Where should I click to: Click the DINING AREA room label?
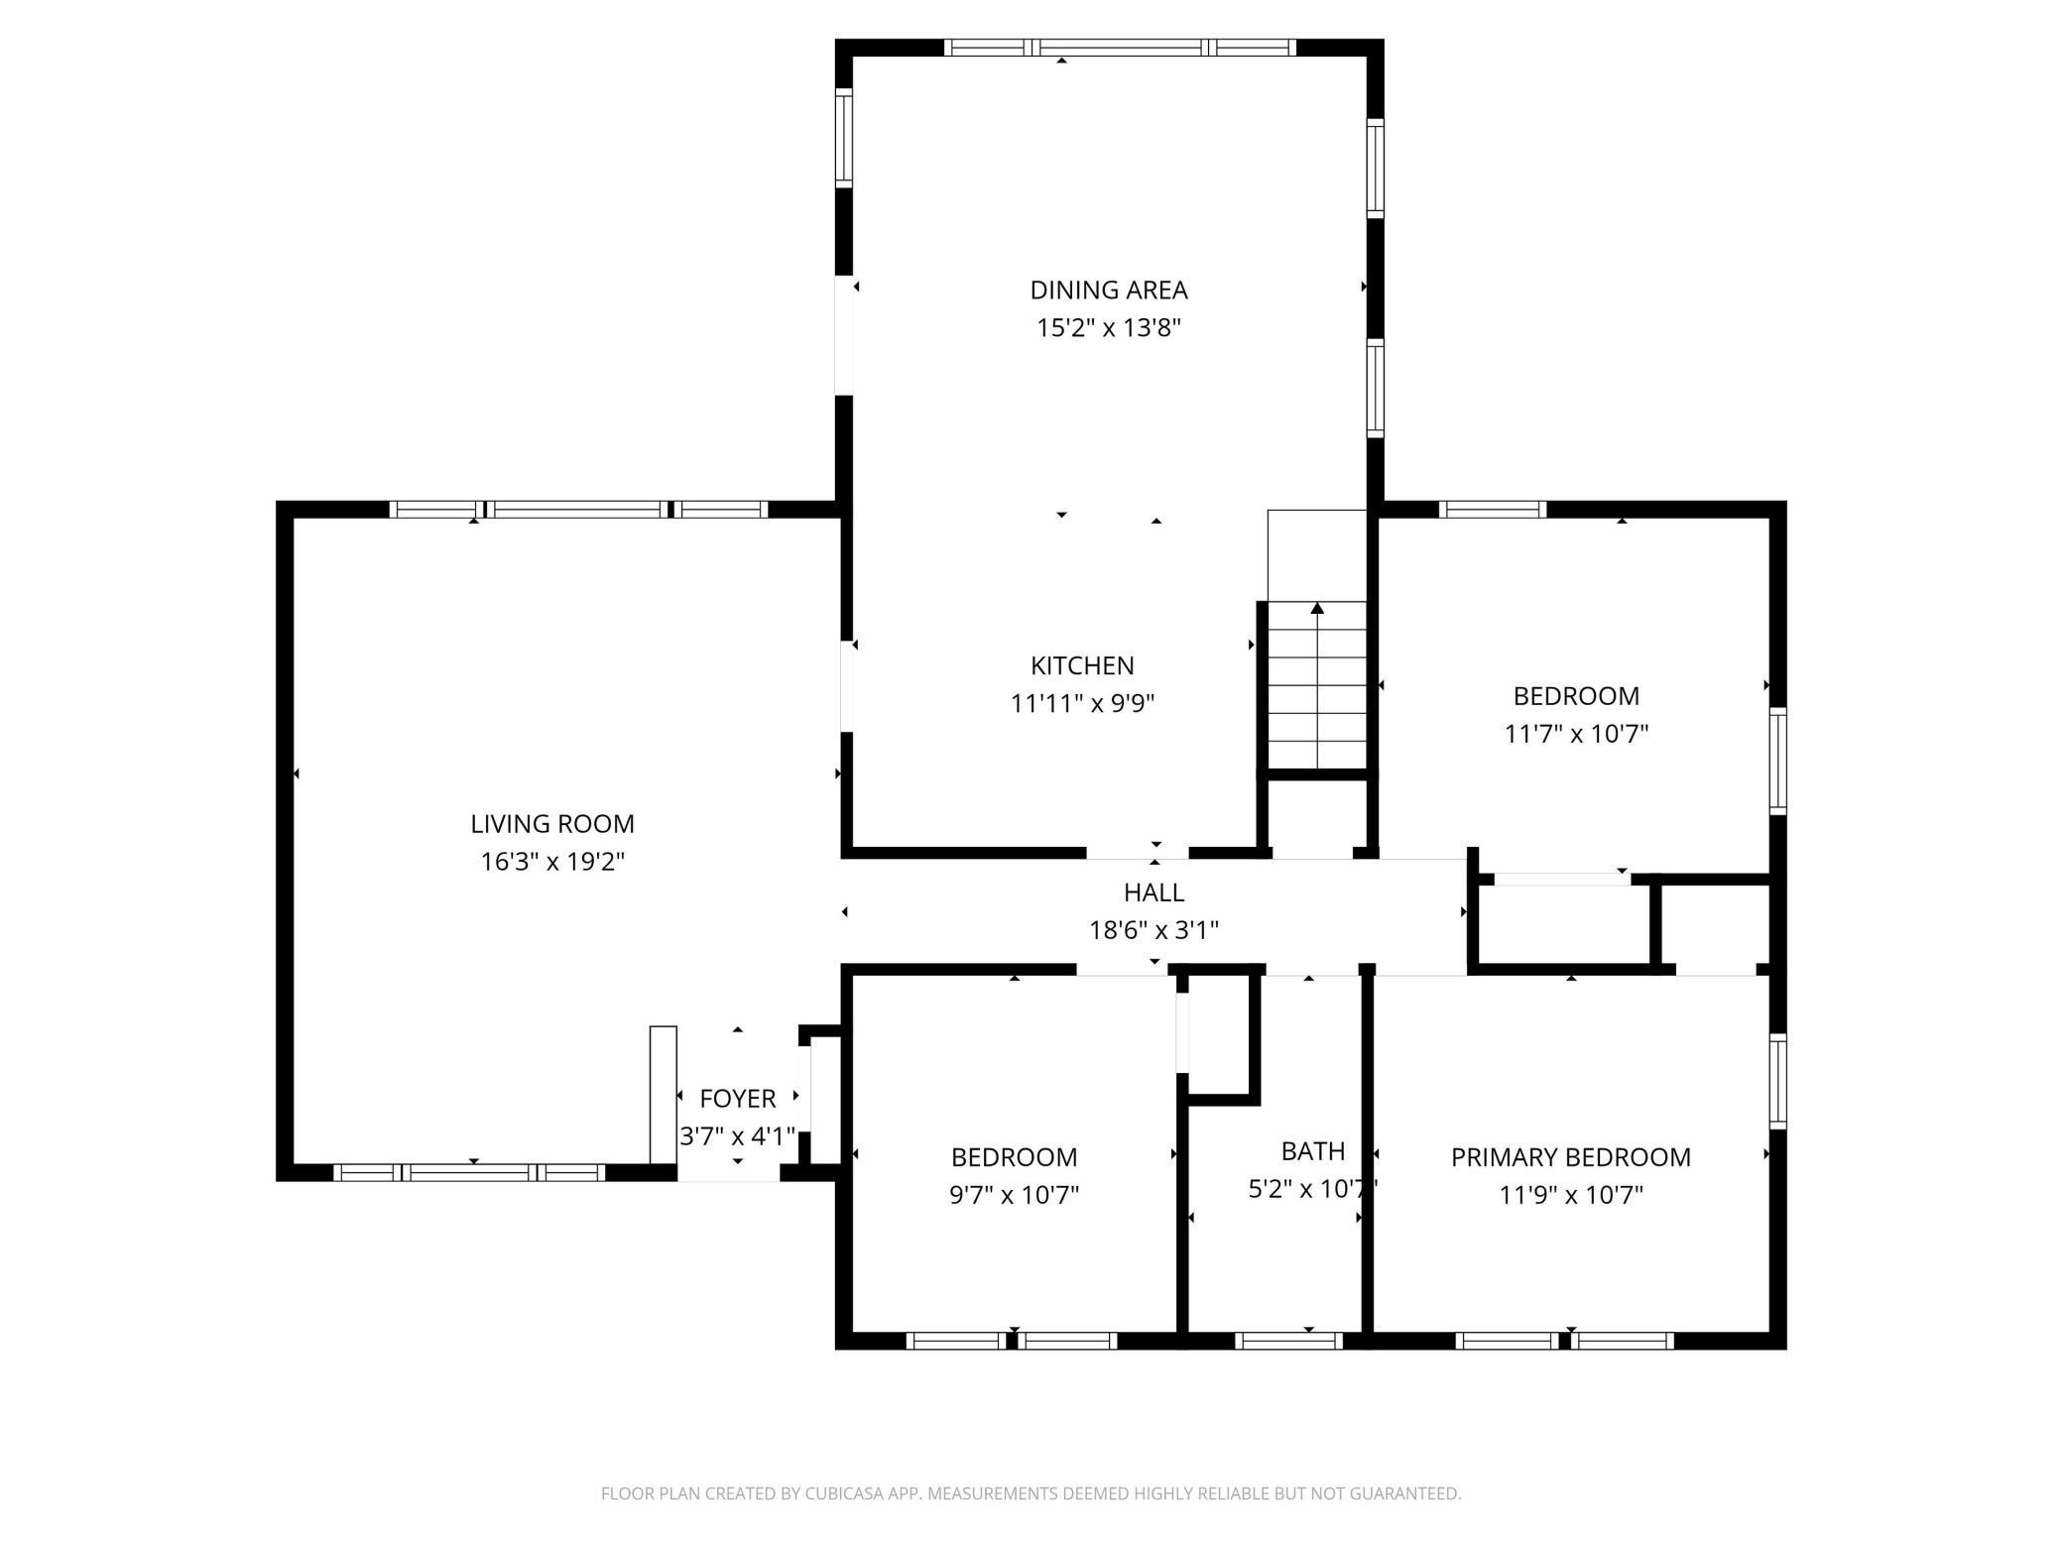click(x=1108, y=290)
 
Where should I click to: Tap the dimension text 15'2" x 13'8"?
click(x=1108, y=327)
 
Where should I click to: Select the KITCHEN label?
click(x=1082, y=665)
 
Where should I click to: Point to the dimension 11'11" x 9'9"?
click(x=1082, y=703)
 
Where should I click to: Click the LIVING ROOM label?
click(x=551, y=823)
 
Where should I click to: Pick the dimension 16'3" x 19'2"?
click(x=551, y=861)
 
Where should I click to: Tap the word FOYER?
click(x=737, y=1098)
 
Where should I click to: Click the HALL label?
click(x=1153, y=892)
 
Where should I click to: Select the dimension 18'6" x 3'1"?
click(x=1153, y=930)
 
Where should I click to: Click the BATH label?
click(x=1312, y=1150)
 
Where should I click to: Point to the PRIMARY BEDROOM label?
click(x=1570, y=1156)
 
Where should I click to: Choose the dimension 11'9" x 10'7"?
click(x=1570, y=1194)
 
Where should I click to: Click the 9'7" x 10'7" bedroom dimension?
click(x=1014, y=1194)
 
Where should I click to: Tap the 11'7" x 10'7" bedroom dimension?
click(x=1576, y=734)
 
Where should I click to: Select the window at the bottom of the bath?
click(x=1288, y=1341)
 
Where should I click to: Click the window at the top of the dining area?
click(x=1120, y=47)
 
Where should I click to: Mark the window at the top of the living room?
click(x=578, y=510)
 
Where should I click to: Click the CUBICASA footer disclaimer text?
click(x=1031, y=1493)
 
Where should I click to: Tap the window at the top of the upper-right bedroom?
click(x=1493, y=510)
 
